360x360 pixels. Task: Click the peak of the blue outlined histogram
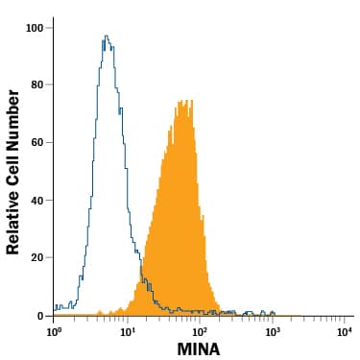[x=106, y=36]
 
